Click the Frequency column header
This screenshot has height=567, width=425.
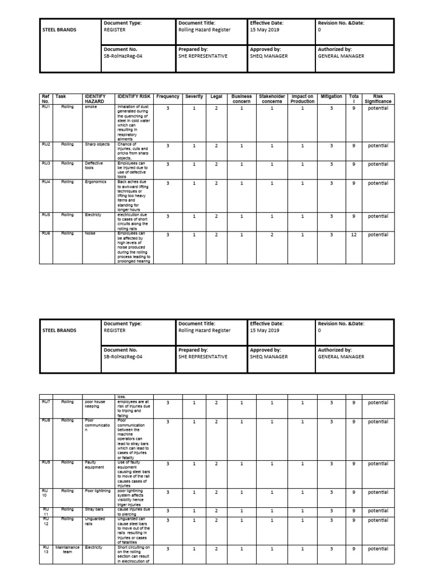click(168, 96)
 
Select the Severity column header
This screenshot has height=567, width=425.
click(194, 96)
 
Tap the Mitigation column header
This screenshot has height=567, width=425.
click(332, 96)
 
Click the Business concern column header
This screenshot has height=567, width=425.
click(241, 99)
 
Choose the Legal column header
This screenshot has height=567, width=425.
click(216, 96)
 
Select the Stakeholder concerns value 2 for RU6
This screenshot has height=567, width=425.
click(272, 235)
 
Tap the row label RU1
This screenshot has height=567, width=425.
click(46, 108)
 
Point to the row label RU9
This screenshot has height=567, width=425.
click(46, 462)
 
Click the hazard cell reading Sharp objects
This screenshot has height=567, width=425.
click(97, 145)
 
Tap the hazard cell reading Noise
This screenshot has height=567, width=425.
click(90, 233)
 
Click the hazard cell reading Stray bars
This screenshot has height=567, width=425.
click(94, 509)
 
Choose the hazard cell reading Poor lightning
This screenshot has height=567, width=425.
click(97, 490)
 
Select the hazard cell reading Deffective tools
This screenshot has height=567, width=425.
click(94, 166)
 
